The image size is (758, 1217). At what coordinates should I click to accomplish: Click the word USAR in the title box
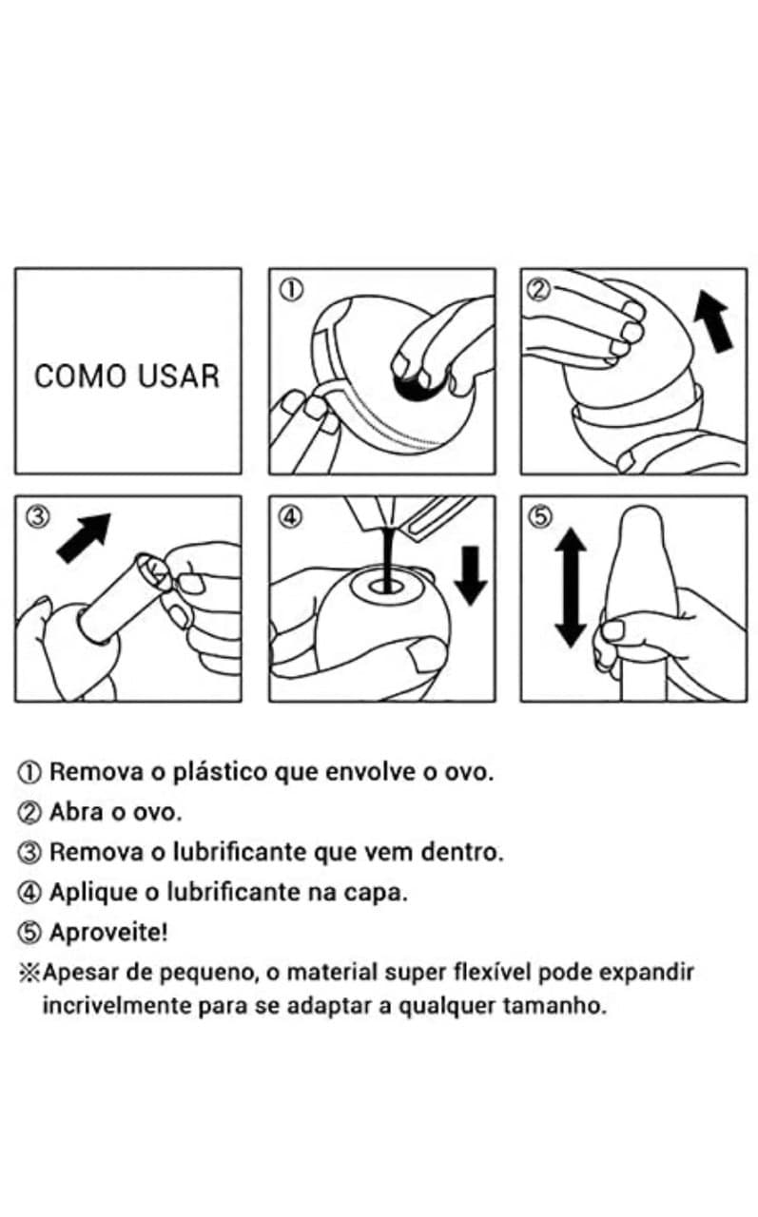(177, 376)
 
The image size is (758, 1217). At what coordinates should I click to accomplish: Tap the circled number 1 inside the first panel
(291, 290)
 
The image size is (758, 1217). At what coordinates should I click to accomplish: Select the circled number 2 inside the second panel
(539, 290)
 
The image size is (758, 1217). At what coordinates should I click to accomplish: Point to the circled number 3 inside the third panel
(38, 516)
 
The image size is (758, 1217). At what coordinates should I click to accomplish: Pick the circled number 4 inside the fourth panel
(291, 516)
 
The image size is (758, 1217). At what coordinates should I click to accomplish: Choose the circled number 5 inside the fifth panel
(539, 516)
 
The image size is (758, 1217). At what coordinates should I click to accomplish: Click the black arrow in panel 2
(715, 321)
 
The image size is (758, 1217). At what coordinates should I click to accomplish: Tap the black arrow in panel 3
(85, 537)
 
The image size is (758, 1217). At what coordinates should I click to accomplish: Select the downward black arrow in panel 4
(471, 576)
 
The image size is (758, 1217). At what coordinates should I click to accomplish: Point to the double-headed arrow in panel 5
(571, 588)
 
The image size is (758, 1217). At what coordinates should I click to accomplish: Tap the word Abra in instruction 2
(76, 812)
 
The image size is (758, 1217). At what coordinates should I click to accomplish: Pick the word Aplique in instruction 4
(93, 893)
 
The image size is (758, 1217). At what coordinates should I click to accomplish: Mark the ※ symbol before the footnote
(29, 974)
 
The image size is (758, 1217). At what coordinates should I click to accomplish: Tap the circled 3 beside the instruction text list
(29, 853)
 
